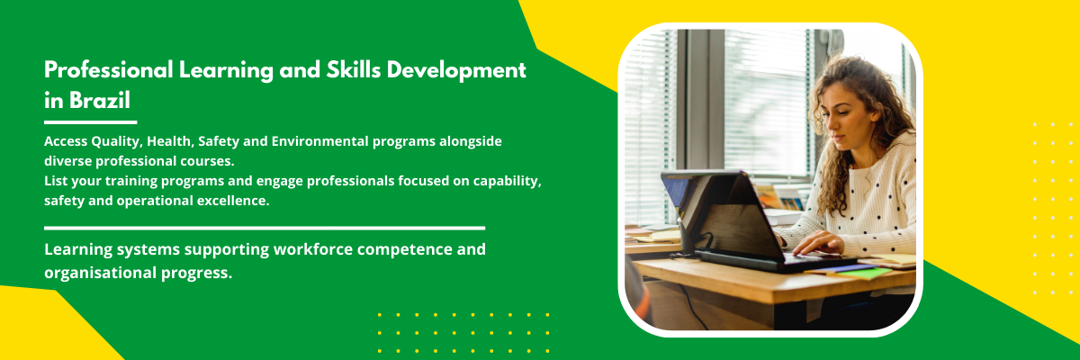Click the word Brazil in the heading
[x=100, y=100]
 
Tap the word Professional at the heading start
[x=109, y=70]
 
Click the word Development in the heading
[x=456, y=71]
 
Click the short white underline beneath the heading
[x=91, y=122]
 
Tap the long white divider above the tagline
[x=265, y=228]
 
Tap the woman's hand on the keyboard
[x=817, y=243]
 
